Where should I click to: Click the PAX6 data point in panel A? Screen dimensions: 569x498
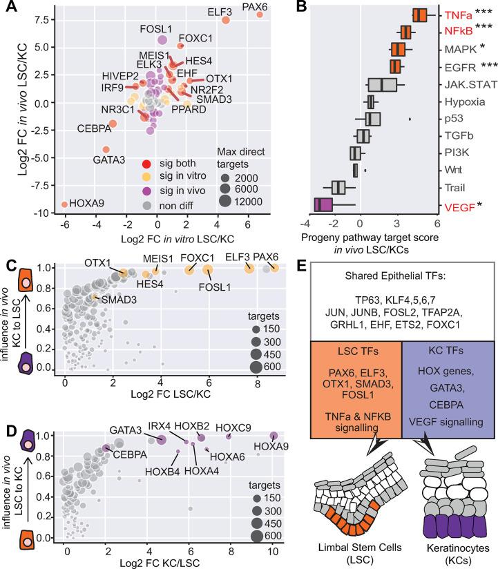[x=260, y=14]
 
